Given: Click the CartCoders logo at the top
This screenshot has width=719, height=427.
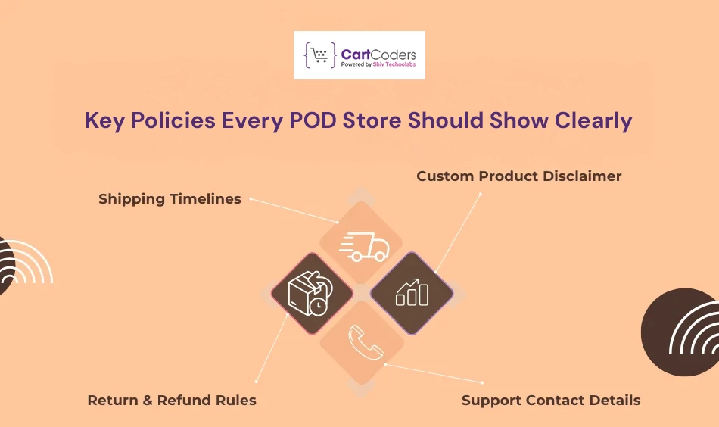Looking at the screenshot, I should click(x=359, y=55).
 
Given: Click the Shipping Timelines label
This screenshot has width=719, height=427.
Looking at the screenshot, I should click(x=170, y=199).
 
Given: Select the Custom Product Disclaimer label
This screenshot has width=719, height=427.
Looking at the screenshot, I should click(x=518, y=176).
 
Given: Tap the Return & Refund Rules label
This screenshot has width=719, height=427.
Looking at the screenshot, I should click(x=172, y=400).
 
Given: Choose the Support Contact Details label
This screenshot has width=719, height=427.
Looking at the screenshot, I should click(x=551, y=400).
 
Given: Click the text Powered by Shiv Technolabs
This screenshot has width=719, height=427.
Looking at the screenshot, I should click(x=378, y=65).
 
